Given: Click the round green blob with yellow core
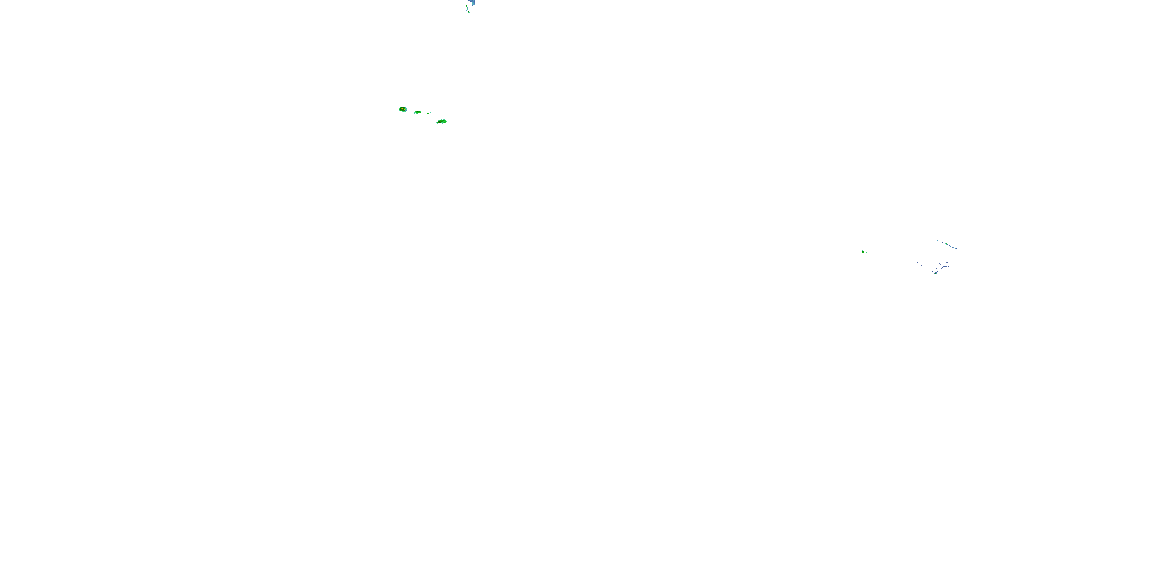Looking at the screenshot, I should (403, 109).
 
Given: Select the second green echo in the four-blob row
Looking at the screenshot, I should (418, 112).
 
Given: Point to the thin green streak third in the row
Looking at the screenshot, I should (429, 113).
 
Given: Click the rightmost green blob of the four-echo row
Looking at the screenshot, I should (442, 121).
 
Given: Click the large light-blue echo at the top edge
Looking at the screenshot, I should (473, 3).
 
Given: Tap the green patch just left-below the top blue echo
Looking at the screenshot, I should (467, 6).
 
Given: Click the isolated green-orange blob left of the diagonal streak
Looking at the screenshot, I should (863, 252).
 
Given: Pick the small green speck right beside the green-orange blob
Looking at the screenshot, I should (866, 253).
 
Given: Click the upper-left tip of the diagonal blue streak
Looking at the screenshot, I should (938, 241).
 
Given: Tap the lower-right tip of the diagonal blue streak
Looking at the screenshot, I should (958, 251).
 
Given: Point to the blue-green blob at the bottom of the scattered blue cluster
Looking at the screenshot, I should (936, 273).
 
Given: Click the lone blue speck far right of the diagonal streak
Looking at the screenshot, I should (971, 257).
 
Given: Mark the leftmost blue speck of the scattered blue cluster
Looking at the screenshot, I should (915, 268).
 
